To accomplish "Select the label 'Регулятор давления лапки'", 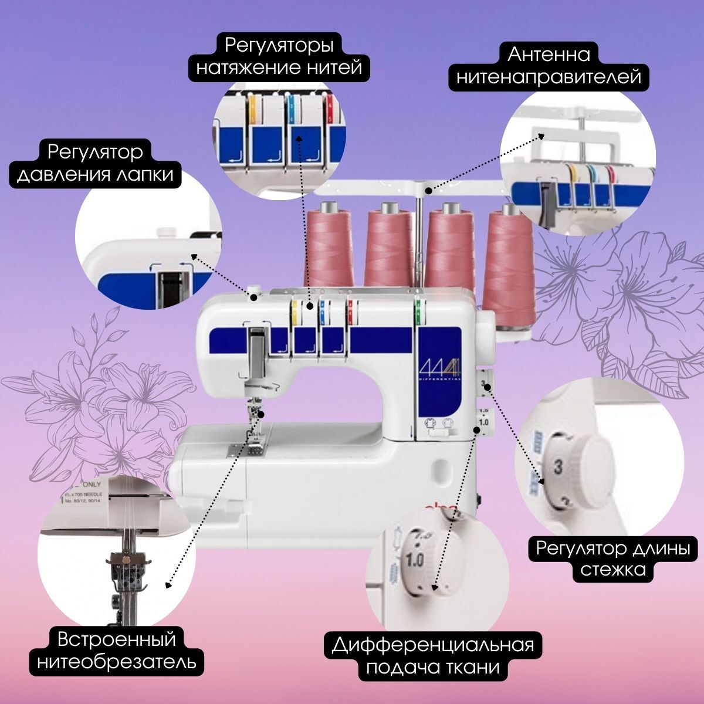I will (x=97, y=164).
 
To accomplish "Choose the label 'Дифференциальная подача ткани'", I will (x=433, y=656).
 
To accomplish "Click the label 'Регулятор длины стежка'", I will (x=612, y=559).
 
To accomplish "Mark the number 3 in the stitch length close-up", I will (x=558, y=467).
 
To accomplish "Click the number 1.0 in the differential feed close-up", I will (x=414, y=559).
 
